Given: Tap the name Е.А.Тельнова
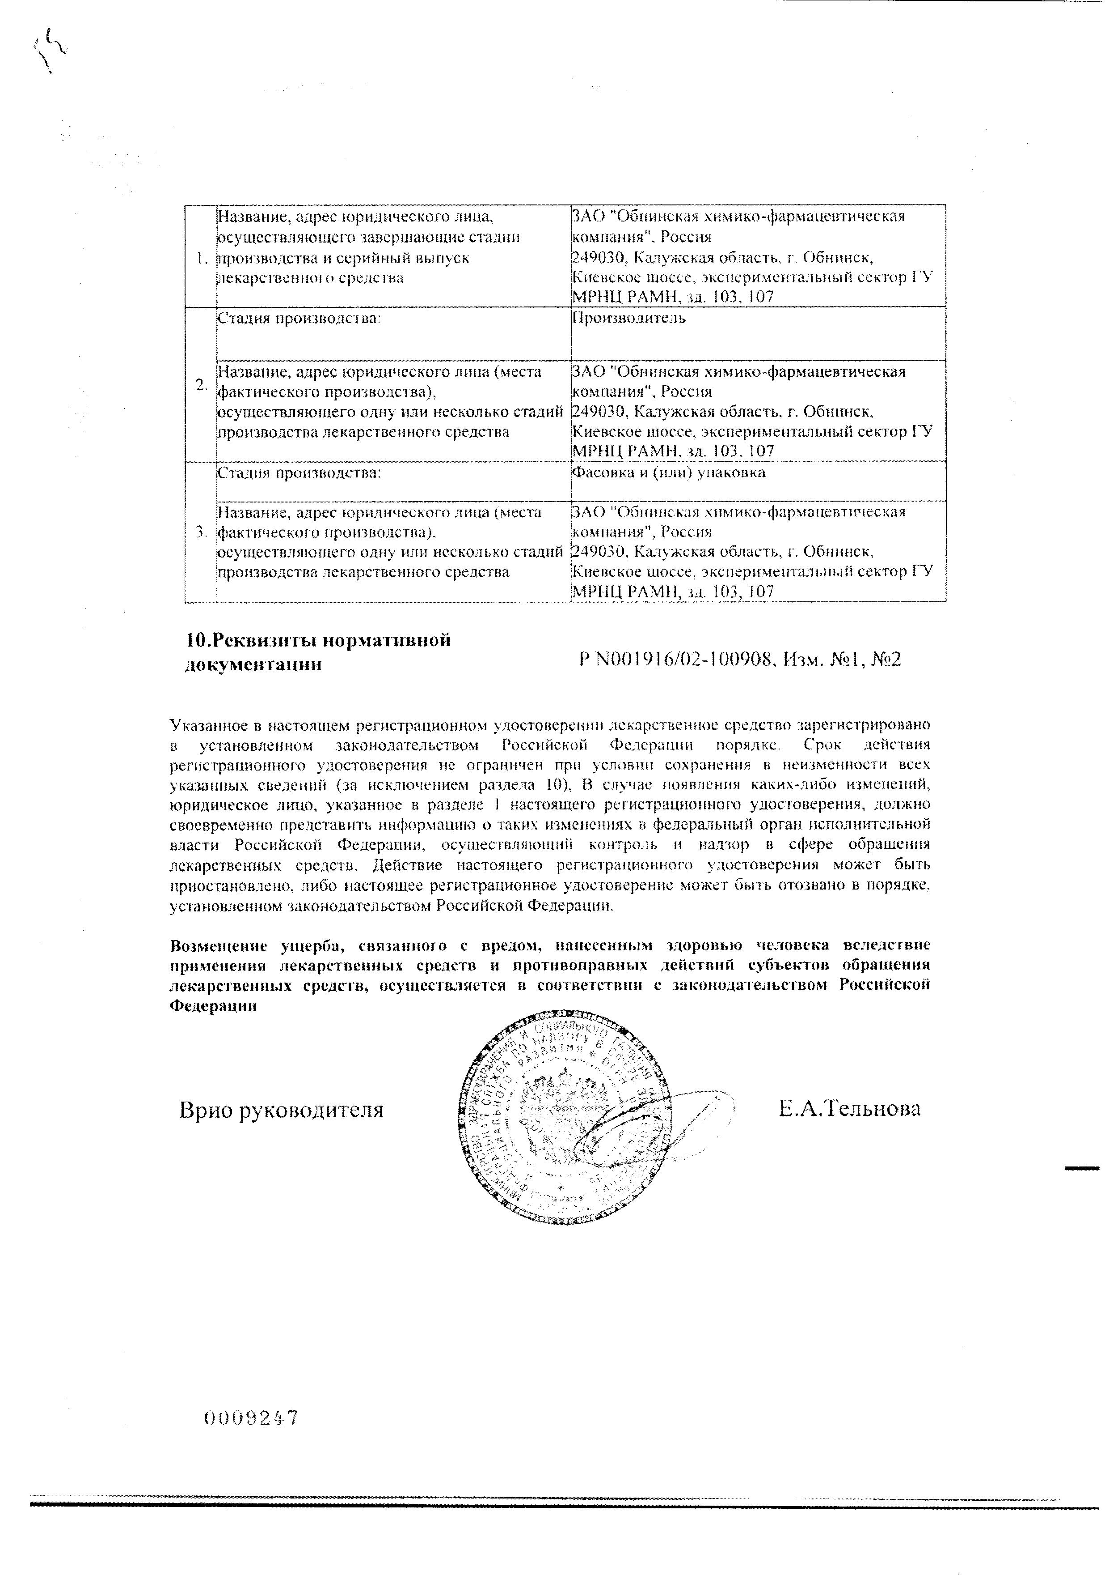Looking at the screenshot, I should (x=849, y=1108).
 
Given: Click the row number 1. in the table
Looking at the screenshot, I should (x=200, y=259).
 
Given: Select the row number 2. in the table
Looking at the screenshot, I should (x=200, y=384).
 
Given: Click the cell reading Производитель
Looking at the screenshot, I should (x=628, y=318).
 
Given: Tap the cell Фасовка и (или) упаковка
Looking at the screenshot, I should (x=668, y=472).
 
